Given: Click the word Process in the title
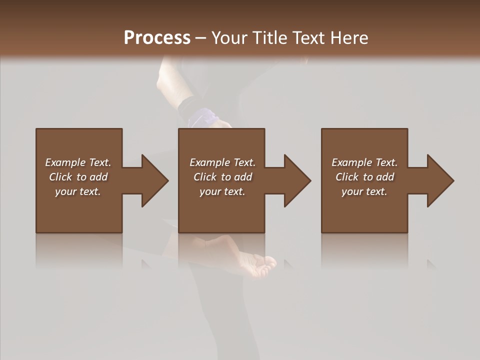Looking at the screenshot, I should [x=157, y=38].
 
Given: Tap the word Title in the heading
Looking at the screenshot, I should [x=269, y=38].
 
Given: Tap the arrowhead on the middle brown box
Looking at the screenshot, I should [x=296, y=180].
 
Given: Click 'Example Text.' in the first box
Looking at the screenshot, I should [x=78, y=162].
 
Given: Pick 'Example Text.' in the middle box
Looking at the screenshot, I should [x=222, y=162].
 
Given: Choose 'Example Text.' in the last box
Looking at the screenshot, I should [x=364, y=162].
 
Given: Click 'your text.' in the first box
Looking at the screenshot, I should [x=78, y=191].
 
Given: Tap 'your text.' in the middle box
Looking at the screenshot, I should [x=222, y=191].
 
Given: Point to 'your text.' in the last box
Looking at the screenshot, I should [x=364, y=191].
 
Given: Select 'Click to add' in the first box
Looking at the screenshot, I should [x=78, y=177].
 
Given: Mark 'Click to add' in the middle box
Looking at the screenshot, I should [x=222, y=177].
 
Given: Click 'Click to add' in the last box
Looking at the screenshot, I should [x=364, y=177].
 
